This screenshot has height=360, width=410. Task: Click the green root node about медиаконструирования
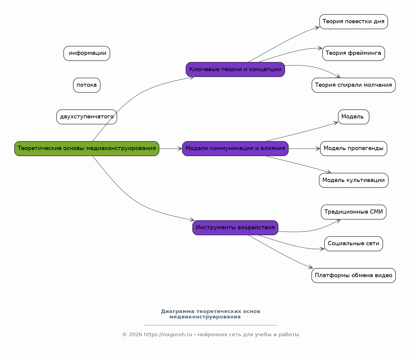pos(87,149)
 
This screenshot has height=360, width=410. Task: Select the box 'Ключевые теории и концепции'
pos(235,69)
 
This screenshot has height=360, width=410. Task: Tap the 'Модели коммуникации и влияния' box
pos(235,149)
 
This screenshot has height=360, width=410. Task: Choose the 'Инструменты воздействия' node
pos(235,228)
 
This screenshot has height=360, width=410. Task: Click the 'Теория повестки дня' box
pos(353,22)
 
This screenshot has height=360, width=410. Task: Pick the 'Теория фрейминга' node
pos(353,53)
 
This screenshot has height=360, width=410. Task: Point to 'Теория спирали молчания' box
pos(353,85)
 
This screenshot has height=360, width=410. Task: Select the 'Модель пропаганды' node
pos(353,149)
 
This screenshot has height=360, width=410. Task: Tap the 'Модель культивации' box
pos(353,180)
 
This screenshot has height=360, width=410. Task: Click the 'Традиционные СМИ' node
pos(353,212)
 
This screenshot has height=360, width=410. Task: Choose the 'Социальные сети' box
pos(353,244)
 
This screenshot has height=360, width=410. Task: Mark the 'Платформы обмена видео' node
pos(353,276)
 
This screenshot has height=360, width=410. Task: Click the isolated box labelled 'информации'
pos(87,53)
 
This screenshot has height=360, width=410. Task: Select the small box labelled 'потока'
pos(87,85)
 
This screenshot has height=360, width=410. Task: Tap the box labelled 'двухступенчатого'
pos(87,117)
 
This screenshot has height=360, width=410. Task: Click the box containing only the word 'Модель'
pos(353,117)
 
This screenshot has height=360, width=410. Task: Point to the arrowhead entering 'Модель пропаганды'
pos(318,149)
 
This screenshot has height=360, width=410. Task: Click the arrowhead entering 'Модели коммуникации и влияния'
pos(180,149)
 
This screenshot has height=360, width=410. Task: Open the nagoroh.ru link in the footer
pos(168,335)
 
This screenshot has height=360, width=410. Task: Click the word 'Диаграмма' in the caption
pos(177,311)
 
